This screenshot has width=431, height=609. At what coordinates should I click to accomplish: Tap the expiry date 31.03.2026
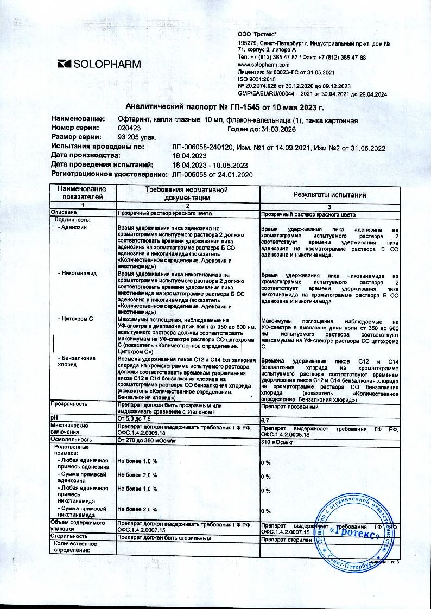click(x=281, y=129)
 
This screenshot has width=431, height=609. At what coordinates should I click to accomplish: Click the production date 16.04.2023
click(x=190, y=156)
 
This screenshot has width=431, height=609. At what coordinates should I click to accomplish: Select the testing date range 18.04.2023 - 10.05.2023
click(x=210, y=165)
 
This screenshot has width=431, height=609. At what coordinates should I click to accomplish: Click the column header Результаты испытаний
click(x=329, y=194)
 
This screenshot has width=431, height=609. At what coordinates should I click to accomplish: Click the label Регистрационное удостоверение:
click(x=109, y=174)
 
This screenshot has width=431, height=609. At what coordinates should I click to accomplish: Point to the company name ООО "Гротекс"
click(x=257, y=34)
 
